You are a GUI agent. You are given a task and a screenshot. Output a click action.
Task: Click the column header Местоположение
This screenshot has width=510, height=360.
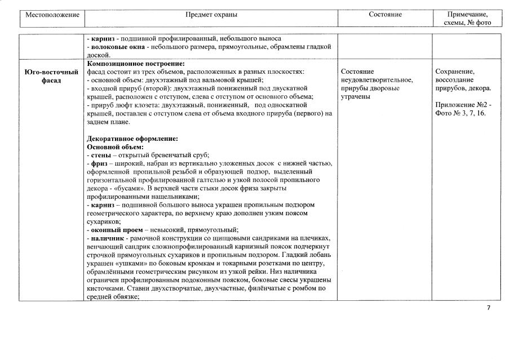pyautogui.click(x=52, y=14)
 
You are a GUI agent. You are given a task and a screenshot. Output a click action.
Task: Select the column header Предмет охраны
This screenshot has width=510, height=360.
pyautogui.click(x=211, y=14)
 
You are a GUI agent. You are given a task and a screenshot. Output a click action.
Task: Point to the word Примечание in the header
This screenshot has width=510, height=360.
pyautogui.click(x=467, y=14)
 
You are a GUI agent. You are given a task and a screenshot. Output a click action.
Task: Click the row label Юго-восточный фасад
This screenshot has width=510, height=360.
pyautogui.click(x=52, y=76)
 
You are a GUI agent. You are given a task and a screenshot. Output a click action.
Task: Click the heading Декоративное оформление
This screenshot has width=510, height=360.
pyautogui.click(x=132, y=138)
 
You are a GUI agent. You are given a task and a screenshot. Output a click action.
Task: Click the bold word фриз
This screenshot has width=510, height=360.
pyautogui.click(x=100, y=163)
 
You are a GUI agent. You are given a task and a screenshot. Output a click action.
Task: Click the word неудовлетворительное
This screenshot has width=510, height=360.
pyautogui.click(x=376, y=80)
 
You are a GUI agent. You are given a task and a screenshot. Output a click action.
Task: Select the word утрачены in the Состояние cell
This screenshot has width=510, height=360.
pyautogui.click(x=355, y=96)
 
